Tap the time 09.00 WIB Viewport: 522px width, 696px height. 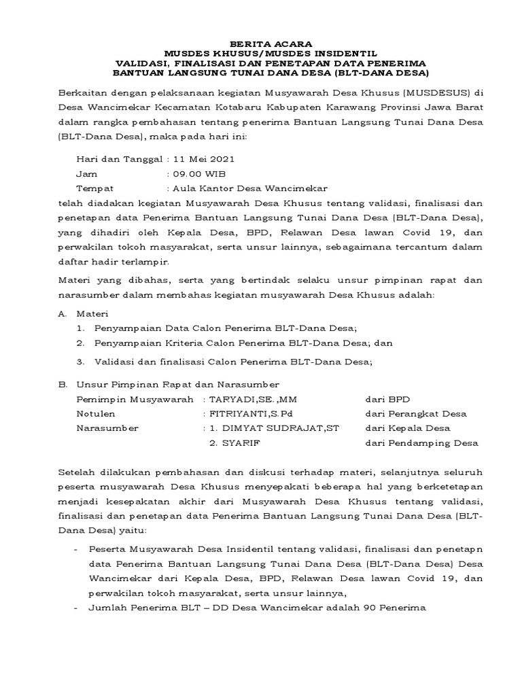point(196,173)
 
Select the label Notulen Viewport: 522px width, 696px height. point(96,413)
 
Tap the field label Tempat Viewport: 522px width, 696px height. point(95,188)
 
